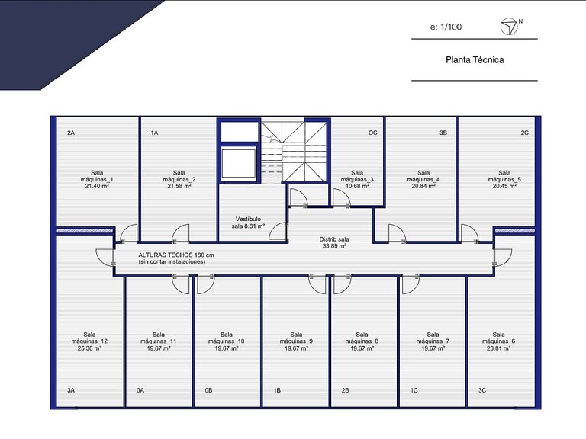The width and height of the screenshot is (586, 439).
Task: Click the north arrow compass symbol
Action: pos(509,27)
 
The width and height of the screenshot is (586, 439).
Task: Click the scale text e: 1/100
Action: pos(446,27)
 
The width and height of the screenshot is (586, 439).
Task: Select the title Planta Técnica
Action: pos(475,59)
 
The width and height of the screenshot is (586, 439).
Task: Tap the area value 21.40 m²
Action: pos(97,186)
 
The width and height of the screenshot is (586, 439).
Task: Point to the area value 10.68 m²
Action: pos(357,186)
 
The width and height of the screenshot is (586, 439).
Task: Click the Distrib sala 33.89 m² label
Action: pos(334,242)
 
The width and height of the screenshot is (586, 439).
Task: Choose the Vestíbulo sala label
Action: pos(248,223)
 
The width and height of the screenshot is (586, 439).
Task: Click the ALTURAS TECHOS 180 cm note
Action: pos(176,255)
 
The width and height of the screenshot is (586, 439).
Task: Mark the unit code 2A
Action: pos(71,133)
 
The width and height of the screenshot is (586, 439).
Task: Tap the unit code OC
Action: pos(372,133)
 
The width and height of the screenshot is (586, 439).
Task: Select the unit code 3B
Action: pos(443,133)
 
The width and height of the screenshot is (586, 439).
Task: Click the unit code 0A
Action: pos(140,390)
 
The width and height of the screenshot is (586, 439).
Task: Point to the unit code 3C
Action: pos(482,390)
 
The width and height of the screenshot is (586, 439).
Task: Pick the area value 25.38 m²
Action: pos(89,348)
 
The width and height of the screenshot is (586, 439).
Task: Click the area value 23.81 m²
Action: pos(498,348)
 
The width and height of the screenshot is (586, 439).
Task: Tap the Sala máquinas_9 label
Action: pos(296,338)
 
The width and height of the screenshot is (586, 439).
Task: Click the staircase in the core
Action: pos(294,152)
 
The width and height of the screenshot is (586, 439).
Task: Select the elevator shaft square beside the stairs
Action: pos(239,163)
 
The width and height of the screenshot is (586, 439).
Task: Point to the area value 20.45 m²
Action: pos(504,186)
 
